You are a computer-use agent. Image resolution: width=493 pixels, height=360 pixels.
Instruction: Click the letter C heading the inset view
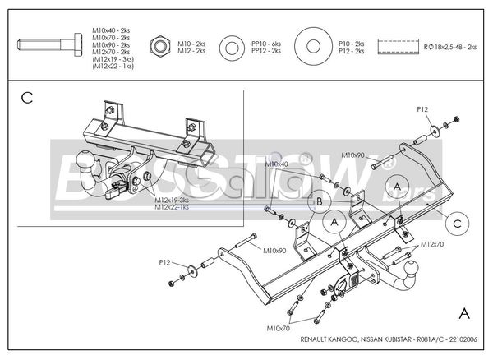26,99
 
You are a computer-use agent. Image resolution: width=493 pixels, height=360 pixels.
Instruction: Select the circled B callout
317,201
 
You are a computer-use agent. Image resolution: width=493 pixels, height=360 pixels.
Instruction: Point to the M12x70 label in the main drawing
432,245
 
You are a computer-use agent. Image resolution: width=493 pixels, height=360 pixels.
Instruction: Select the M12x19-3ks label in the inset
171,200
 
